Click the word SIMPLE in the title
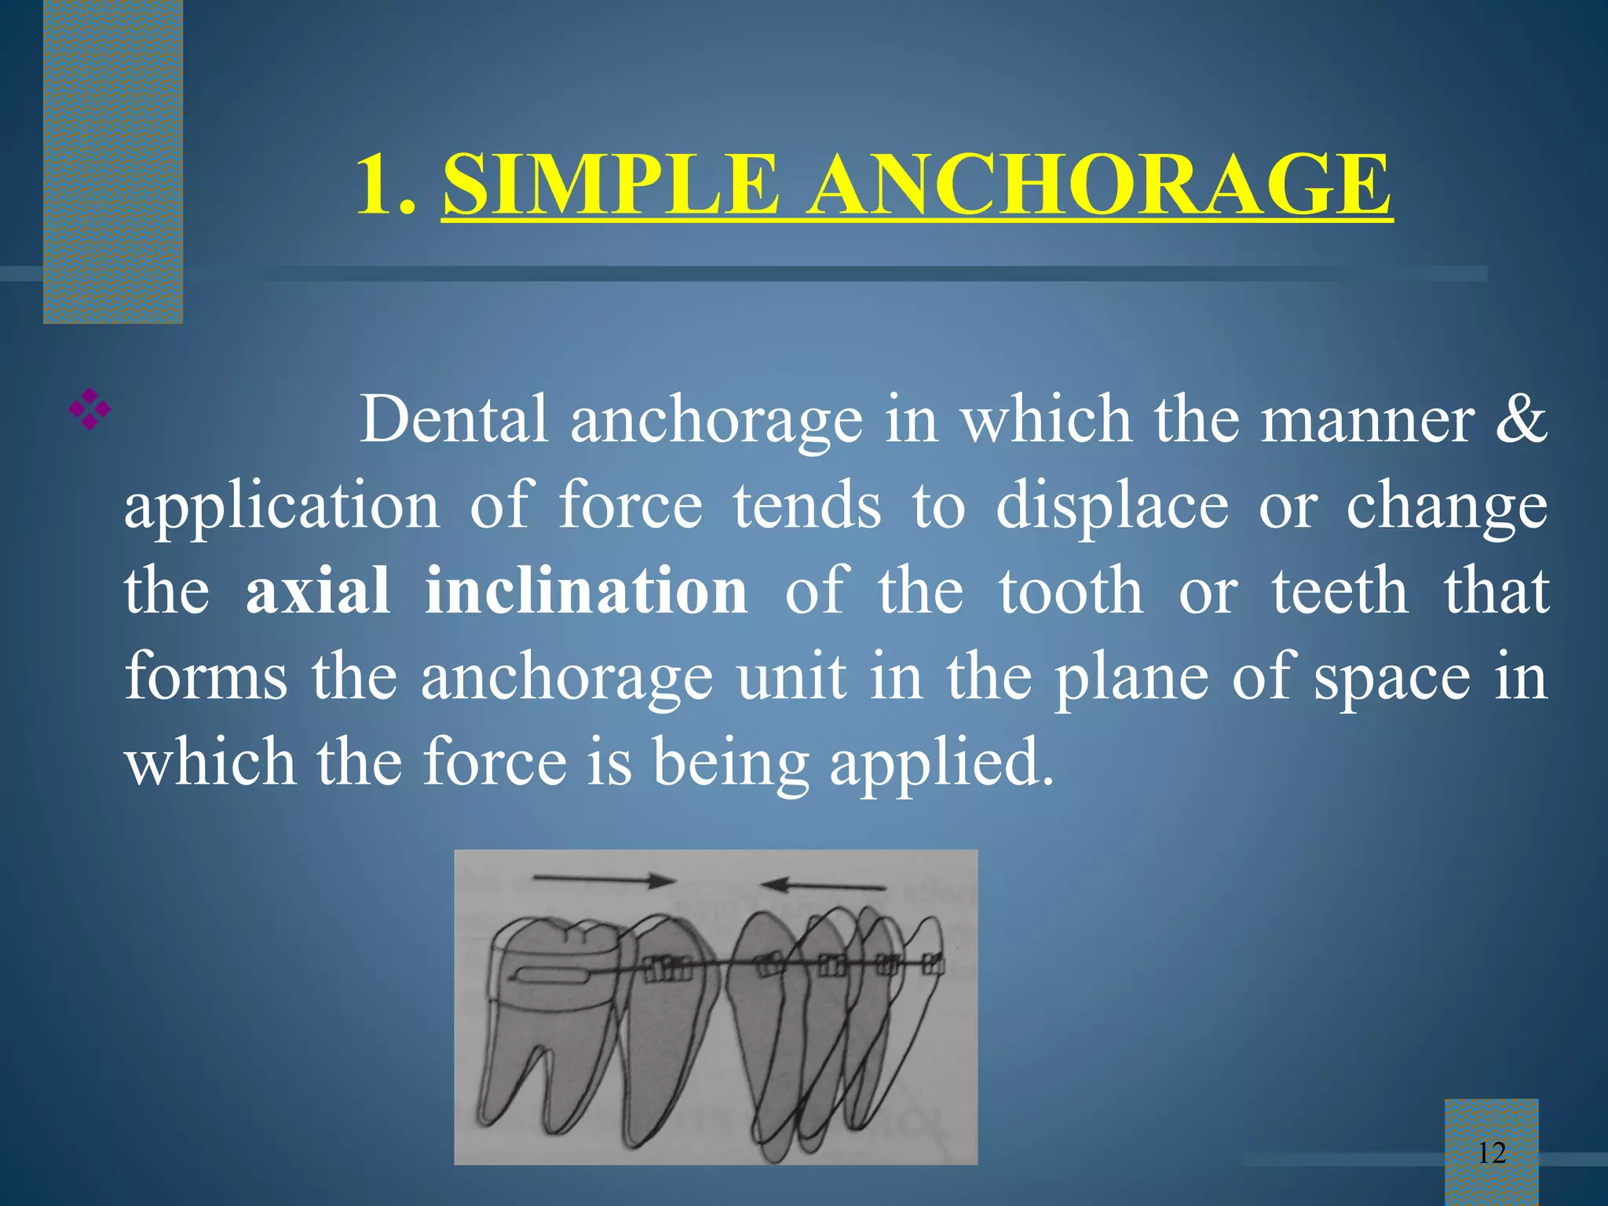pos(611,185)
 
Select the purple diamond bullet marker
pos(90,408)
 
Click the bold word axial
pos(317,590)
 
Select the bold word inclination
pos(586,590)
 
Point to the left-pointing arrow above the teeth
pos(824,886)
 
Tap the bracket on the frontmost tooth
pos(932,963)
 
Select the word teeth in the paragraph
pos(1339,590)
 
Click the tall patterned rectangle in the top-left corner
pos(113,161)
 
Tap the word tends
pos(807,506)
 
